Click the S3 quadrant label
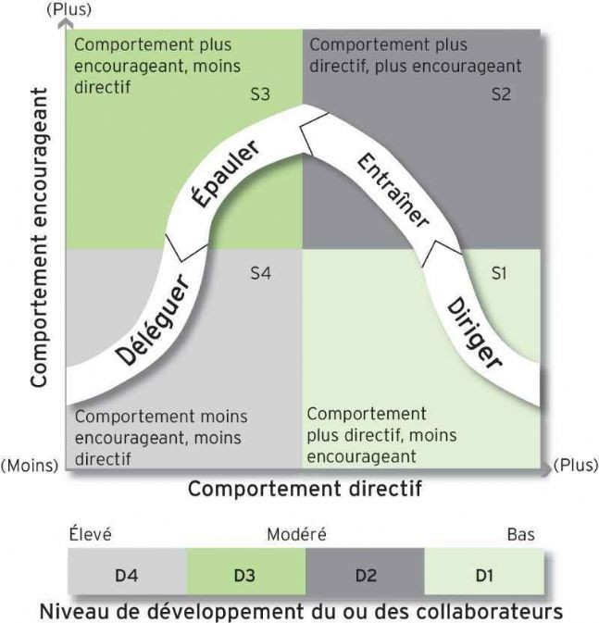click(260, 94)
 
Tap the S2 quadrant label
click(501, 94)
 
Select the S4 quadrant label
click(261, 273)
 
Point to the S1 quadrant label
click(499, 273)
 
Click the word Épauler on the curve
click(226, 174)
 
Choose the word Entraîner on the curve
click(393, 191)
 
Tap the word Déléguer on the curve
click(153, 320)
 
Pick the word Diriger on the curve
click(474, 333)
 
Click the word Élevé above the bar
click(90, 534)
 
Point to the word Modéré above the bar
click(296, 534)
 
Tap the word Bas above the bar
click(520, 535)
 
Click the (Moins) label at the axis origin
click(30, 466)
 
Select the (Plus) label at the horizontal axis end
click(576, 466)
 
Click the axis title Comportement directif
click(305, 489)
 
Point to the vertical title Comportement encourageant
click(39, 238)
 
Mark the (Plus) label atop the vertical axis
click(69, 9)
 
